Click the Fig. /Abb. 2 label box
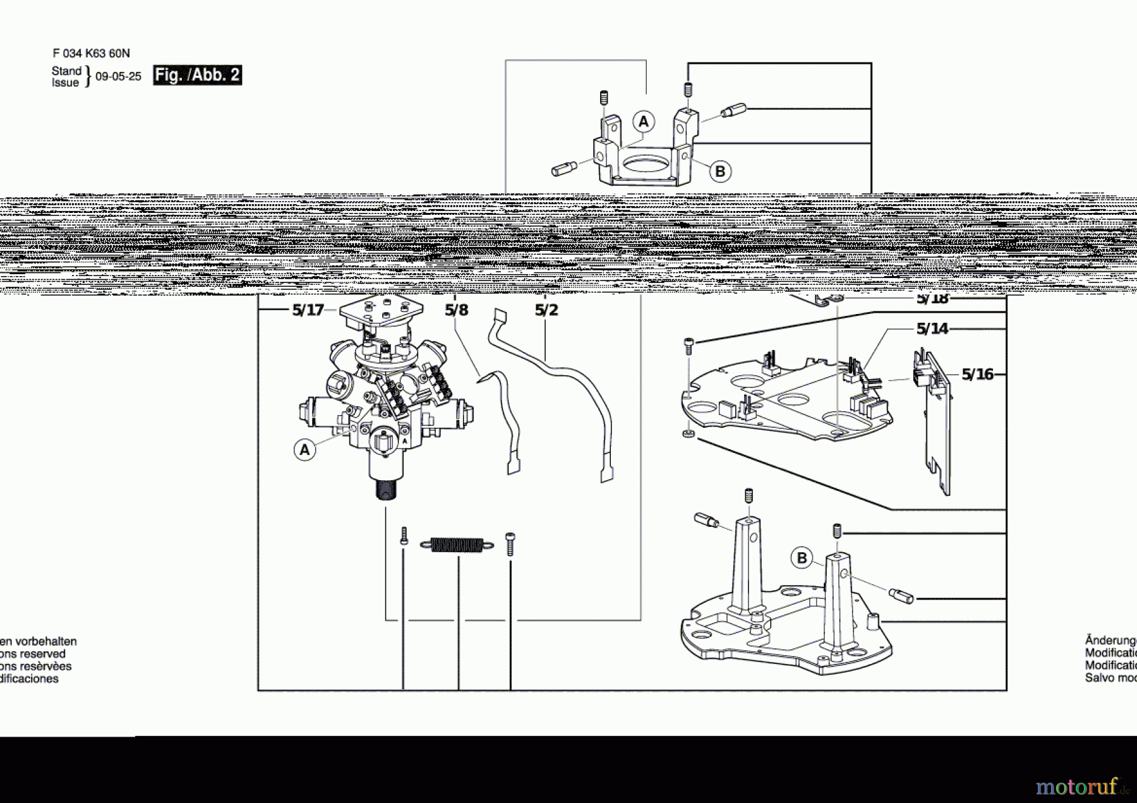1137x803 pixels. click(x=197, y=75)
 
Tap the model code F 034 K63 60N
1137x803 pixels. click(x=91, y=54)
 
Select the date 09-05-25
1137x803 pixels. click(x=118, y=76)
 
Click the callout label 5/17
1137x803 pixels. click(x=308, y=310)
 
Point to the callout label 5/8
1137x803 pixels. click(x=456, y=310)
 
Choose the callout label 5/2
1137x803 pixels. click(x=546, y=310)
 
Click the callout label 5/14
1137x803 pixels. click(x=932, y=329)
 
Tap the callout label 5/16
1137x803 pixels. click(x=977, y=375)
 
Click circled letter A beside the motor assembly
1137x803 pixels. click(x=304, y=450)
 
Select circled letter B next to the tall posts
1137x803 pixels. click(x=802, y=558)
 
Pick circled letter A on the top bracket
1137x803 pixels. click(x=643, y=121)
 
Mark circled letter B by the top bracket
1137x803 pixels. click(x=720, y=171)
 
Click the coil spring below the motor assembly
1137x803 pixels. click(x=457, y=545)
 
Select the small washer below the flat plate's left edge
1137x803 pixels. click(x=688, y=433)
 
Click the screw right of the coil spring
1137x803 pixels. click(x=510, y=544)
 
